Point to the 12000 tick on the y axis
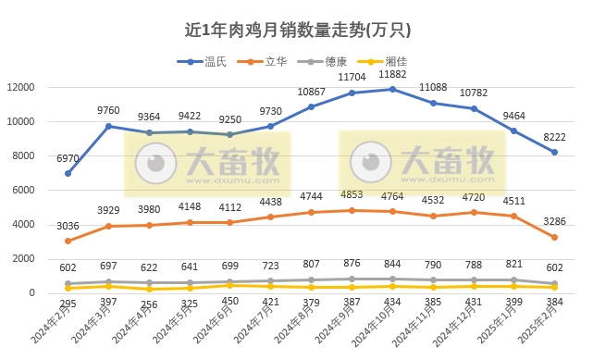[x=19, y=87]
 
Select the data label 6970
[x=68, y=159]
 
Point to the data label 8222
[x=554, y=138]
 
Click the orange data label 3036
[x=68, y=226]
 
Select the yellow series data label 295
[x=68, y=303]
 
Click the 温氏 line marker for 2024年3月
[x=108, y=126]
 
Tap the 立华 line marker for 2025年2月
[x=554, y=237]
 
